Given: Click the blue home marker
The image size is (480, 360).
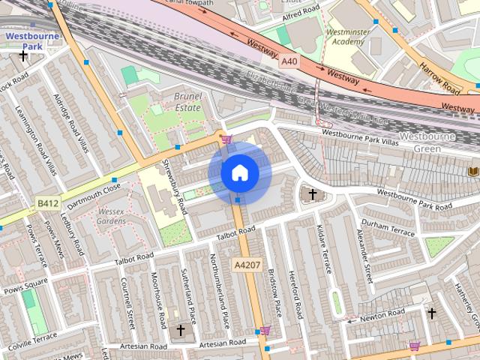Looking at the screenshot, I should pyautogui.click(x=239, y=173).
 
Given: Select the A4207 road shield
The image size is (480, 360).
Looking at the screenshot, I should pyautogui.click(x=247, y=265).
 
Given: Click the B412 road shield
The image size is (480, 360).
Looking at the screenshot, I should pyautogui.click(x=48, y=202).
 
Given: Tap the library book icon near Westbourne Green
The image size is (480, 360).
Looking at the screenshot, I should pyautogui.click(x=472, y=172).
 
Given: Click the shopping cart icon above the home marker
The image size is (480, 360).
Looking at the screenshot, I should pyautogui.click(x=226, y=138).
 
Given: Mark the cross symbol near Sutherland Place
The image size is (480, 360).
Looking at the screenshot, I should pyautogui.click(x=180, y=329).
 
